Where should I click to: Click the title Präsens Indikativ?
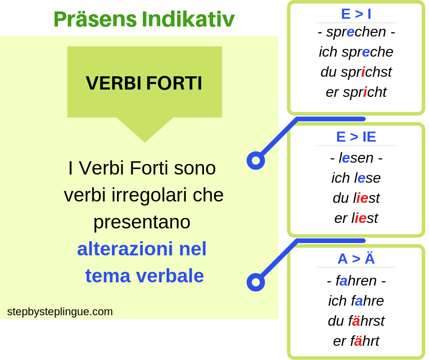tap(144, 19)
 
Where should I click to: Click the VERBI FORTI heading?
tap(144, 83)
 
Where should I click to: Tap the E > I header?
tap(356, 14)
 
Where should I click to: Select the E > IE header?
tap(356, 137)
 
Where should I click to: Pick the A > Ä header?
tap(356, 259)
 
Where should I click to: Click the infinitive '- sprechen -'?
tap(356, 32)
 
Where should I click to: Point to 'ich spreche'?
tap(356, 52)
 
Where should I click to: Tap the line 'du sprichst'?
tap(356, 72)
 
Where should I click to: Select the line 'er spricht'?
tap(356, 92)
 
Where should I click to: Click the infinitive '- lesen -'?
tap(356, 158)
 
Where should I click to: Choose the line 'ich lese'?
tap(356, 178)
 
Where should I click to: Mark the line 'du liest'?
tap(356, 198)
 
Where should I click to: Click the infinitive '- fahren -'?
tap(356, 281)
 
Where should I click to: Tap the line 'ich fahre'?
tap(356, 301)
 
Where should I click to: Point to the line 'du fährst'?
tap(356, 321)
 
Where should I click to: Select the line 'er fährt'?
tap(356, 341)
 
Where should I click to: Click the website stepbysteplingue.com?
tap(60, 312)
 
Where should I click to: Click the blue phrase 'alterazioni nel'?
tap(142, 249)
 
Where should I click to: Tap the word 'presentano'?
tap(142, 222)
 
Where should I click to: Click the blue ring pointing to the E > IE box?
tap(256, 160)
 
